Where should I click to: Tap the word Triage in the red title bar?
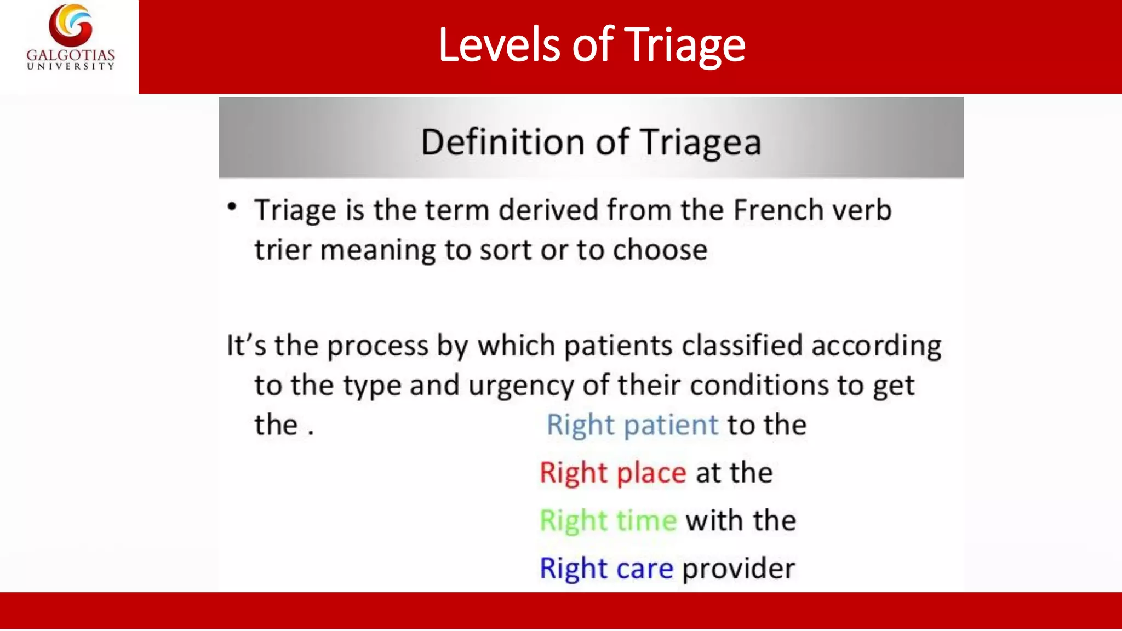pos(684,46)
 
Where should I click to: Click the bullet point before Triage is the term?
pos(232,207)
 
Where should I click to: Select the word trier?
pos(282,250)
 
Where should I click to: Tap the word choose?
pos(660,250)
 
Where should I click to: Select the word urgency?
pos(520,386)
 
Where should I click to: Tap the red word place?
pos(651,473)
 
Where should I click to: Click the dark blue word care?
pos(644,569)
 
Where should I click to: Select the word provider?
pos(738,569)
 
